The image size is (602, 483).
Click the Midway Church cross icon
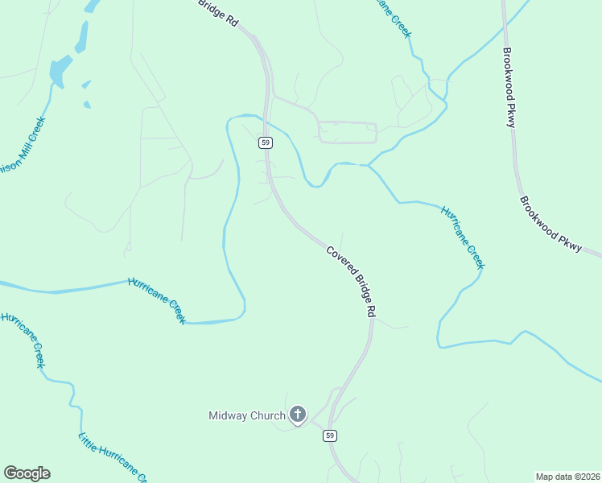pyautogui.click(x=298, y=415)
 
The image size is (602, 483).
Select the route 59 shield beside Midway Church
pyautogui.click(x=330, y=436)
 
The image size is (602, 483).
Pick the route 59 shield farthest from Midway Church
pyautogui.click(x=266, y=142)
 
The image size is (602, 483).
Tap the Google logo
pyautogui.click(x=27, y=473)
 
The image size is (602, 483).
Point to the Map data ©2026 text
pyautogui.click(x=567, y=477)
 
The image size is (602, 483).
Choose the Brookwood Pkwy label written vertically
pyautogui.click(x=509, y=89)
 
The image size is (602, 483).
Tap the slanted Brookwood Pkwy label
pyautogui.click(x=550, y=225)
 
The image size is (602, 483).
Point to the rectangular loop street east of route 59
pyautogui.click(x=347, y=132)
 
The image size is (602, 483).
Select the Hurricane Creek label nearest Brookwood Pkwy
pyautogui.click(x=463, y=237)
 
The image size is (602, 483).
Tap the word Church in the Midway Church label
pyautogui.click(x=268, y=416)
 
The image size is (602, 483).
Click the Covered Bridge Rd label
pyautogui.click(x=352, y=280)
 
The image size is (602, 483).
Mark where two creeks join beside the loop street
pyautogui.click(x=368, y=165)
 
